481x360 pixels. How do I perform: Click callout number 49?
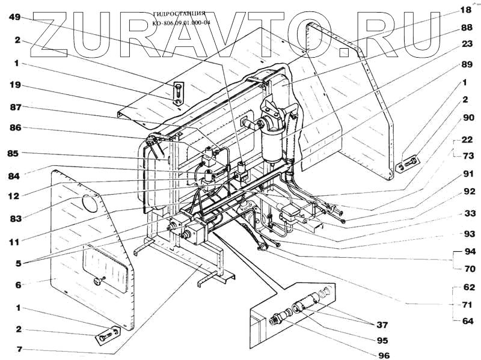point(15,17)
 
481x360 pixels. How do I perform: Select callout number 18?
point(466,10)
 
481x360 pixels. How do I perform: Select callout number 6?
point(17,285)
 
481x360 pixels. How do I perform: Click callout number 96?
point(384,354)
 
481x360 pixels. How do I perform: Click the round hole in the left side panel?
point(89,203)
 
